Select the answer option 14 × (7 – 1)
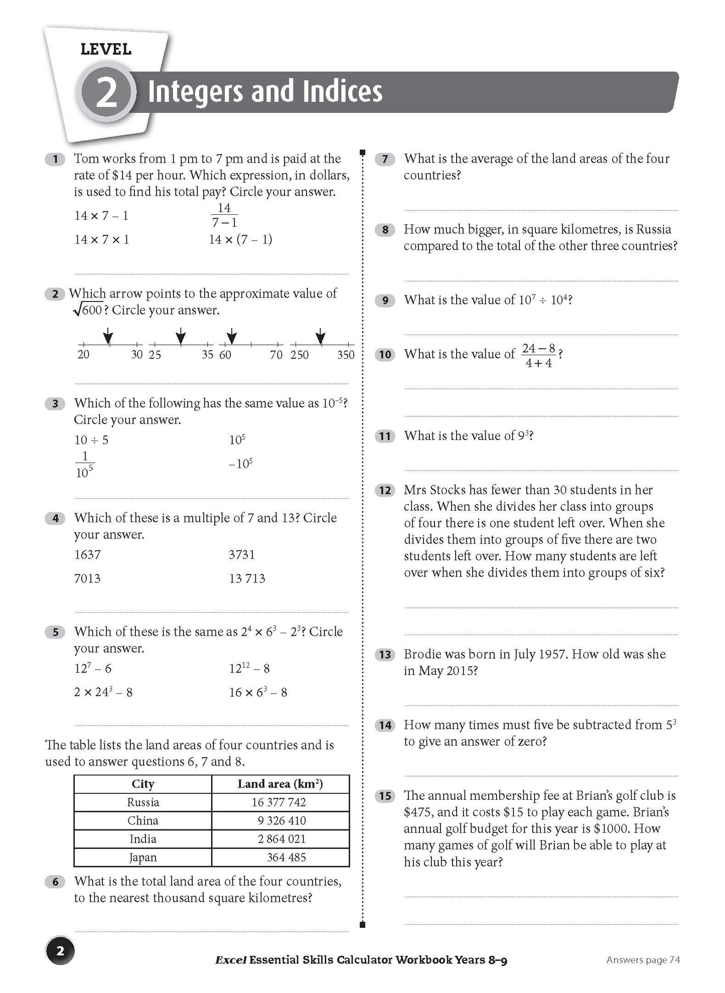(x=240, y=239)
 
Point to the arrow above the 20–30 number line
(x=107, y=336)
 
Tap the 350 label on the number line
(x=346, y=355)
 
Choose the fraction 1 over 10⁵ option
(x=85, y=464)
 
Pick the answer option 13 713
(x=247, y=579)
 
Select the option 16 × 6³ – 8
(x=258, y=692)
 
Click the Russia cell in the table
(x=143, y=802)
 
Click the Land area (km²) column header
(x=280, y=784)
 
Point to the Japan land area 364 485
(x=286, y=857)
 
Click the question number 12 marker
(x=385, y=490)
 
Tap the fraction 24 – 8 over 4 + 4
(x=538, y=355)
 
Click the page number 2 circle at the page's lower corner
(x=60, y=950)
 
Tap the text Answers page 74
(x=643, y=959)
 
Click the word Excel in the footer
(x=230, y=960)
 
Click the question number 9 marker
(x=385, y=301)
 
